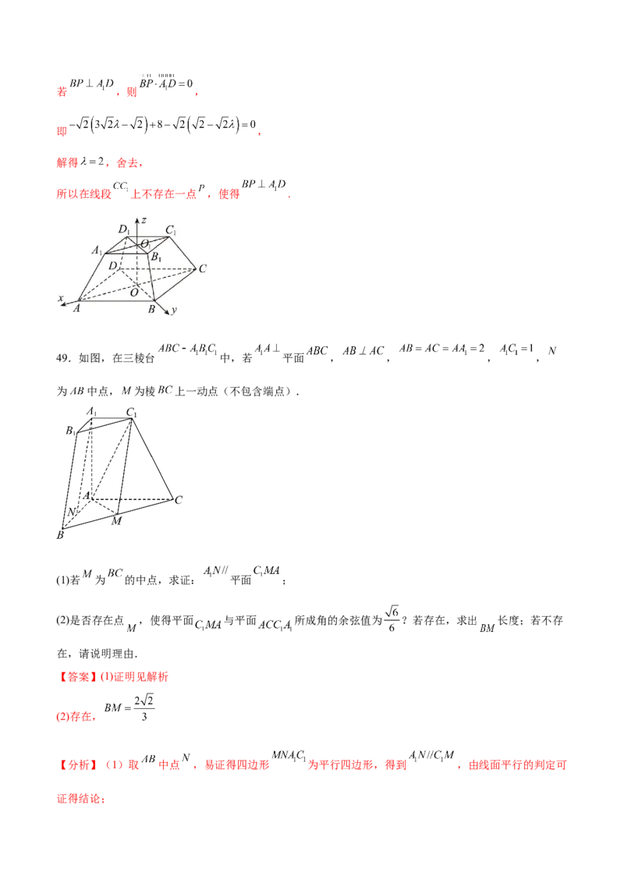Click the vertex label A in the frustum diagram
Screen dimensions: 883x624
coord(77,309)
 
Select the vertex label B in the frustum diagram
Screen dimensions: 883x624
coord(151,310)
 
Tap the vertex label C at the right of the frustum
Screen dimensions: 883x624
coord(202,269)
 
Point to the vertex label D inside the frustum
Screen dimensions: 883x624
coord(112,266)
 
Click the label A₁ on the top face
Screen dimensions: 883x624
coord(97,250)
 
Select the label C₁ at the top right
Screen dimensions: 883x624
coord(170,231)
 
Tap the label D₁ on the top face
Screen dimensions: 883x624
coord(123,229)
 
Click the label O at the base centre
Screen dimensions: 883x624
coord(134,293)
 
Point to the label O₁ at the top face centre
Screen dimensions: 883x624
coord(145,244)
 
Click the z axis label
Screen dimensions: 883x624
coord(144,220)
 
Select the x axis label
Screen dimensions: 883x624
coord(61,297)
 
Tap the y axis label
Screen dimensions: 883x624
coord(174,310)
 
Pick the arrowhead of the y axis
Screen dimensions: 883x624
coord(168,314)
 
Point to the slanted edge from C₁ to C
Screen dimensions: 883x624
coord(182,252)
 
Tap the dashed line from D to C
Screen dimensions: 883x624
coord(156,268)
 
